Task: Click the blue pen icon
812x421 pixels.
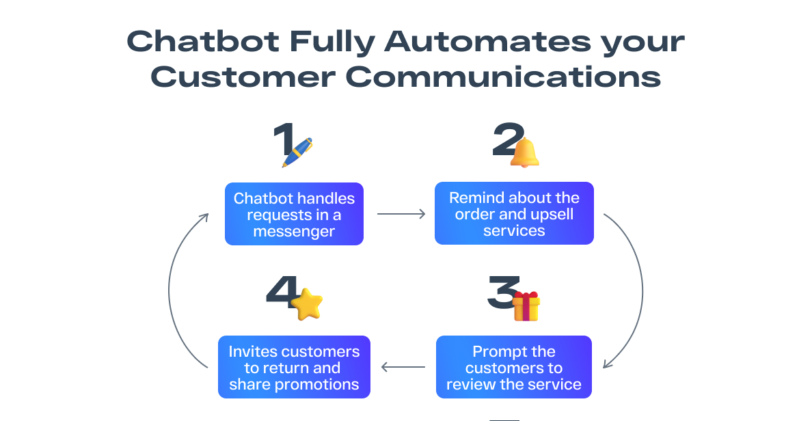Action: click(297, 152)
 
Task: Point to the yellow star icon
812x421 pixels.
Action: click(306, 303)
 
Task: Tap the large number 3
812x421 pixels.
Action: click(502, 294)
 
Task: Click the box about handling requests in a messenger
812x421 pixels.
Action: click(294, 214)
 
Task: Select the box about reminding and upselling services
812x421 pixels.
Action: click(514, 213)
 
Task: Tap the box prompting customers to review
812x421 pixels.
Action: click(514, 367)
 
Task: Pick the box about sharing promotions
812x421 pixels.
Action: click(294, 367)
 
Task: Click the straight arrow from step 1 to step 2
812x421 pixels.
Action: click(401, 214)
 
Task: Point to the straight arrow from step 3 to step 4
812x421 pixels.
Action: click(403, 367)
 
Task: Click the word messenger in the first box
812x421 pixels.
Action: click(294, 231)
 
